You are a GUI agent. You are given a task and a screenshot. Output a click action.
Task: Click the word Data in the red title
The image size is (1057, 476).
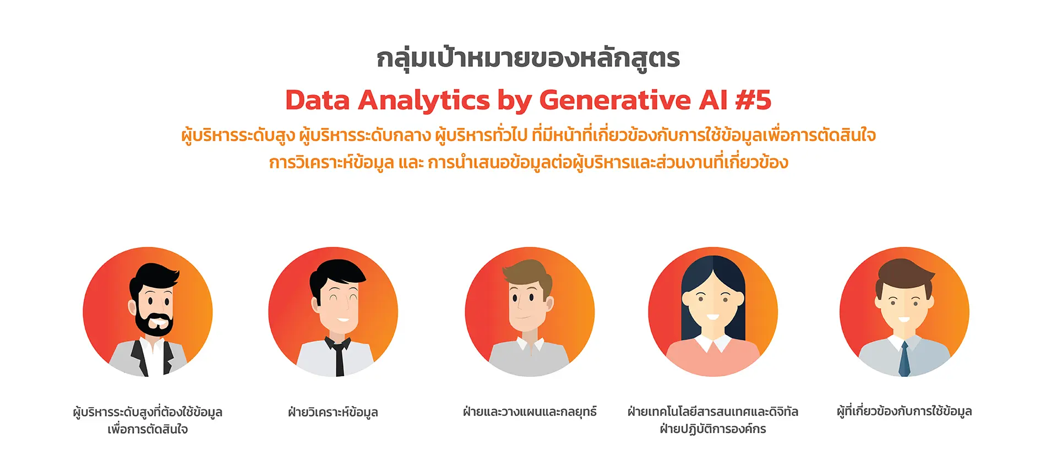(x=317, y=100)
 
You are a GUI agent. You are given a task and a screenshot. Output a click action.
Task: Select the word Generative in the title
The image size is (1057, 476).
(x=614, y=100)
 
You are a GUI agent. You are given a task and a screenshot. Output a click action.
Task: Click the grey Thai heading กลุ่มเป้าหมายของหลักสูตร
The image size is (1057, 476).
(x=528, y=57)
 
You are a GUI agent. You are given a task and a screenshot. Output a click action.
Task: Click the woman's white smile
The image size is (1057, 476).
(x=713, y=317)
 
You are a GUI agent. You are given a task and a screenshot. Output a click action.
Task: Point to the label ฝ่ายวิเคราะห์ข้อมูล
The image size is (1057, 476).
(x=333, y=412)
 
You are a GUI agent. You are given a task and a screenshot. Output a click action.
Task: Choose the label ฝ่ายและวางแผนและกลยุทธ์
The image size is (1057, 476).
(x=530, y=412)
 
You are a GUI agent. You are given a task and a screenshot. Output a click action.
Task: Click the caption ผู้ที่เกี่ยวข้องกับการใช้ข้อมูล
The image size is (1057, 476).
(x=905, y=412)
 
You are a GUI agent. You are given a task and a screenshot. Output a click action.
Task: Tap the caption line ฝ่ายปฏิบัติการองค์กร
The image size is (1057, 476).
(x=713, y=429)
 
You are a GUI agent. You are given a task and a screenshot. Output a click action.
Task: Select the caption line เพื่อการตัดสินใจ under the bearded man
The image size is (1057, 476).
(x=148, y=429)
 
